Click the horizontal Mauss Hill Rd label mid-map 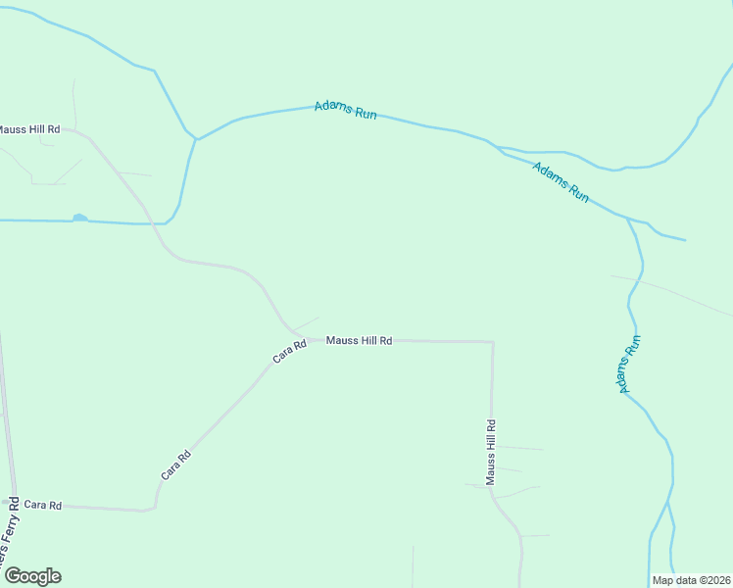(x=359, y=341)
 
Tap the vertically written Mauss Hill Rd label (x=491, y=453)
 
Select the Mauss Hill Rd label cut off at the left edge (x=28, y=129)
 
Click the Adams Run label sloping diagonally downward (x=561, y=182)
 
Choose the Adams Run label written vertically (x=629, y=365)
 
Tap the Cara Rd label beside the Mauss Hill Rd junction (x=290, y=351)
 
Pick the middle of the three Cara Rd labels (x=176, y=465)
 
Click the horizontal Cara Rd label (x=43, y=506)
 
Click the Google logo (x=32, y=576)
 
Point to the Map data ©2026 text (x=692, y=580)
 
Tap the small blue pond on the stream (x=79, y=218)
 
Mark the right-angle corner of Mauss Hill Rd (x=492, y=342)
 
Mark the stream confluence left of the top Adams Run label (x=196, y=139)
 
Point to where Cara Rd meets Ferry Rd (x=14, y=503)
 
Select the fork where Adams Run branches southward (x=628, y=220)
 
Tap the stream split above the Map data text (x=667, y=504)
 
